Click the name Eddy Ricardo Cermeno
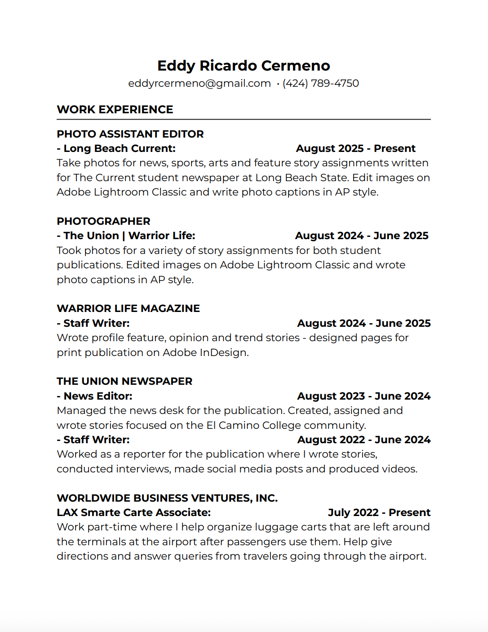pos(244,66)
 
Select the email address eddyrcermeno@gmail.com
pos(199,83)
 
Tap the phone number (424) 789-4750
pos(320,83)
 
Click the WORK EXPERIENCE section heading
pos(115,109)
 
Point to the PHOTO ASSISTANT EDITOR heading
pos(130,134)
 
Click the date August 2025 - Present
pos(355,148)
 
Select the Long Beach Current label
pos(119,148)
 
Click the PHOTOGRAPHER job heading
pos(103,221)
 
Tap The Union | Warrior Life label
pos(129,236)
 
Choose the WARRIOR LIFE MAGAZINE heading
pos(128,308)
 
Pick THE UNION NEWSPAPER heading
pos(124,381)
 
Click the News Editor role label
pos(98,396)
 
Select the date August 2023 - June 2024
pos(364,396)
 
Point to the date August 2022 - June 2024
pos(364,440)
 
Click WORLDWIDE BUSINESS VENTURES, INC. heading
pos(167,498)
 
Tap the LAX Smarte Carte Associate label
pos(133,512)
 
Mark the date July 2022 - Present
pos(379,512)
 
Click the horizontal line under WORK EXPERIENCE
pos(244,120)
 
